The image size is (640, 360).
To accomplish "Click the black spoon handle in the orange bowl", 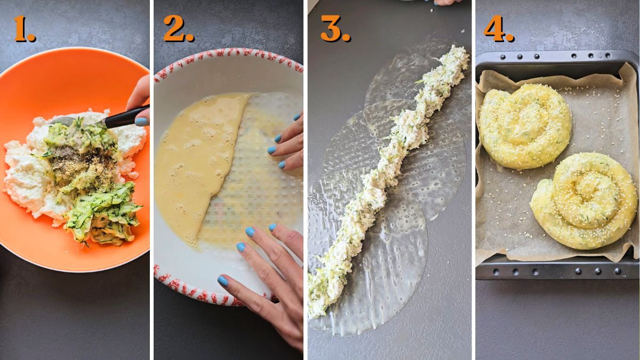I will coord(126,117).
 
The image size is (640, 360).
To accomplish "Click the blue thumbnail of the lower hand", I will coord(223,281).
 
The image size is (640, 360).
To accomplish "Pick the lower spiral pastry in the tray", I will coord(584,200).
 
